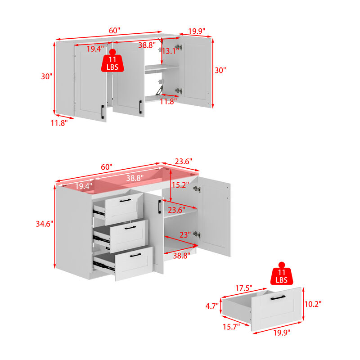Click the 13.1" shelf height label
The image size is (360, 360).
pyautogui.click(x=170, y=51)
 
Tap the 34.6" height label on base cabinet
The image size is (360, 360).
pyautogui.click(x=45, y=224)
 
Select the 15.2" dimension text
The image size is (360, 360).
pyautogui.click(x=180, y=185)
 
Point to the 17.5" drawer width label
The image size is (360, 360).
pyautogui.click(x=244, y=288)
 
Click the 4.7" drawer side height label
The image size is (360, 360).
pyautogui.click(x=212, y=306)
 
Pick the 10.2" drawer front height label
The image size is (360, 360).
pyautogui.click(x=313, y=304)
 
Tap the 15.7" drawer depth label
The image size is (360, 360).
pyautogui.click(x=231, y=327)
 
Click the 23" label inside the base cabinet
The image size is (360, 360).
pyautogui.click(x=185, y=234)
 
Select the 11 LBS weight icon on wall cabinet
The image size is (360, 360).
pyautogui.click(x=112, y=61)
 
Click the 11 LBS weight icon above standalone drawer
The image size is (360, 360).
pyautogui.click(x=282, y=274)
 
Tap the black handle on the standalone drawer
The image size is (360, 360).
pyautogui.click(x=278, y=297)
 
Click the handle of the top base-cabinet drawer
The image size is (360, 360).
pyautogui.click(x=125, y=200)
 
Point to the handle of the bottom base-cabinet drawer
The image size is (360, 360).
pyautogui.click(x=135, y=255)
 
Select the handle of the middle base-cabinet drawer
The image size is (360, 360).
pyautogui.click(x=130, y=228)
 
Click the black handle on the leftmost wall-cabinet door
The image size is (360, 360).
pyautogui.click(x=103, y=112)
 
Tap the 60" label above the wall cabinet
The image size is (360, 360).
pyautogui.click(x=114, y=30)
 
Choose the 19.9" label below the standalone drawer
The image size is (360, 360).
pyautogui.click(x=282, y=333)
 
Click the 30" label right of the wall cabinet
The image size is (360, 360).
pyautogui.click(x=220, y=70)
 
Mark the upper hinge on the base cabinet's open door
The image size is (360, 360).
pyautogui.click(x=197, y=189)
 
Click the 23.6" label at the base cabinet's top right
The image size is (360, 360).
pyautogui.click(x=184, y=162)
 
